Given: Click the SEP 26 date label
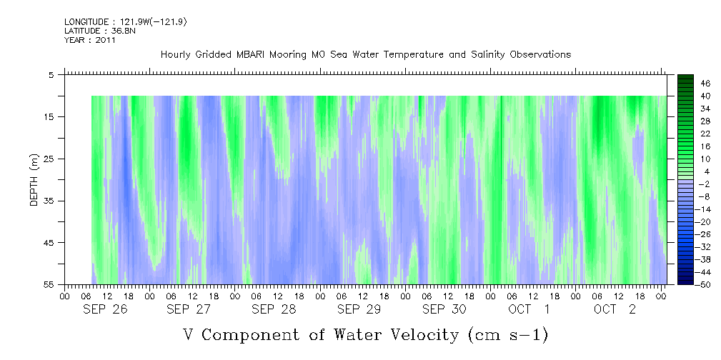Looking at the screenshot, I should pyautogui.click(x=105, y=309).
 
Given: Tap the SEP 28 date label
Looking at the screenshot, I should pyautogui.click(x=274, y=309).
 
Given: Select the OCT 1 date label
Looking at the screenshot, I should pyautogui.click(x=529, y=309).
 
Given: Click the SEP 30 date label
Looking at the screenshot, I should pyautogui.click(x=444, y=309).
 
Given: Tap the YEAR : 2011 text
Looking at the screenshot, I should pyautogui.click(x=90, y=40).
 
